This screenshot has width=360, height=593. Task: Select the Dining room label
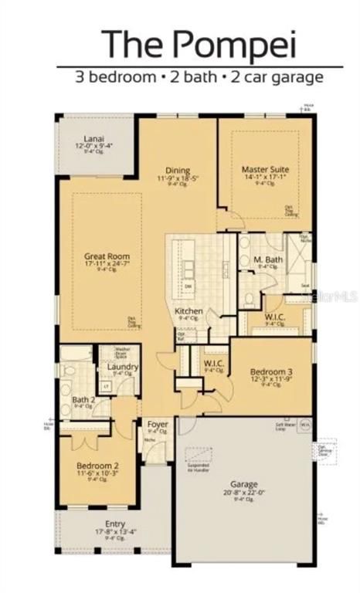tap(178, 171)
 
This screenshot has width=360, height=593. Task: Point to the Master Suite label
tap(265, 168)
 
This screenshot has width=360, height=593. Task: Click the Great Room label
tap(107, 256)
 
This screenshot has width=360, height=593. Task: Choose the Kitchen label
tap(189, 310)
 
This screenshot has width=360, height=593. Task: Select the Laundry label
tap(123, 366)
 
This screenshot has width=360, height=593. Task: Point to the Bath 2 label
tap(83, 399)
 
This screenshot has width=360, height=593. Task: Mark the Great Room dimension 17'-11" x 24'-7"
tap(107, 264)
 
